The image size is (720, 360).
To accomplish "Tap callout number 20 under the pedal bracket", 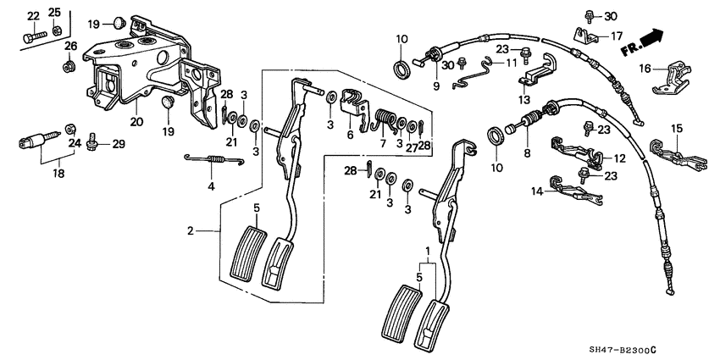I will coord(136,121).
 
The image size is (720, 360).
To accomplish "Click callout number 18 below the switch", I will coord(34,173).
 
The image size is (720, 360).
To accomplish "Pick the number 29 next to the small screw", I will coord(119,145).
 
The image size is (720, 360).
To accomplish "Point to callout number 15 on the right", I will coord(677,128).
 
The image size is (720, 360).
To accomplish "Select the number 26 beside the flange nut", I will coord(71,45).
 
